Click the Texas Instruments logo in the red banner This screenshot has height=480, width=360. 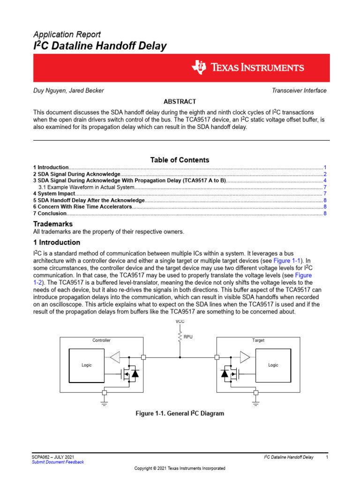point(247,68)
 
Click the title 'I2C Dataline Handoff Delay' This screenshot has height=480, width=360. point(99,46)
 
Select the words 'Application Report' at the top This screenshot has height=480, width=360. point(67,34)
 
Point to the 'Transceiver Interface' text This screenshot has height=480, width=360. point(300,90)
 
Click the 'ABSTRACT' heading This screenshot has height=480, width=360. point(180,101)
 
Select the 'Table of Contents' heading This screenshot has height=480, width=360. point(180,160)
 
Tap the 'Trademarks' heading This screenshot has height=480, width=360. point(52,224)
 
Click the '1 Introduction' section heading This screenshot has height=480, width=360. point(56,242)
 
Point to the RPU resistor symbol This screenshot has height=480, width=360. point(180,336)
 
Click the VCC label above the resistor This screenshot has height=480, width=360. point(180,322)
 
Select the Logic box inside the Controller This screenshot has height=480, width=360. point(87,365)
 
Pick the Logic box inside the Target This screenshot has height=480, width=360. point(273,365)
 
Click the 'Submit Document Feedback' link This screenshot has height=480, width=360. point(58,462)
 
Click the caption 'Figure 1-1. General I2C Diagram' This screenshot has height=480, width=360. point(180,413)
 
